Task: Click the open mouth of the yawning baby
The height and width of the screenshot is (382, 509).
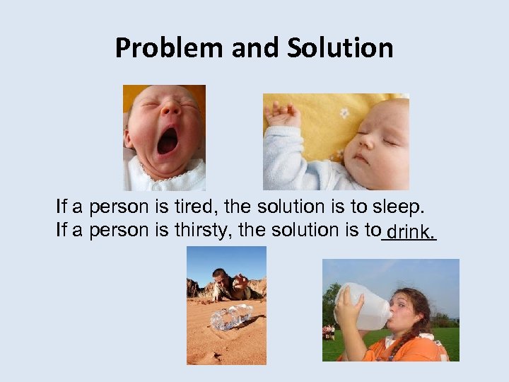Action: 168,141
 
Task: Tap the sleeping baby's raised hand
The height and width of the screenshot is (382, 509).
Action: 282,113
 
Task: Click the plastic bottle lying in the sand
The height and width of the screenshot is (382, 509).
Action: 230,316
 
